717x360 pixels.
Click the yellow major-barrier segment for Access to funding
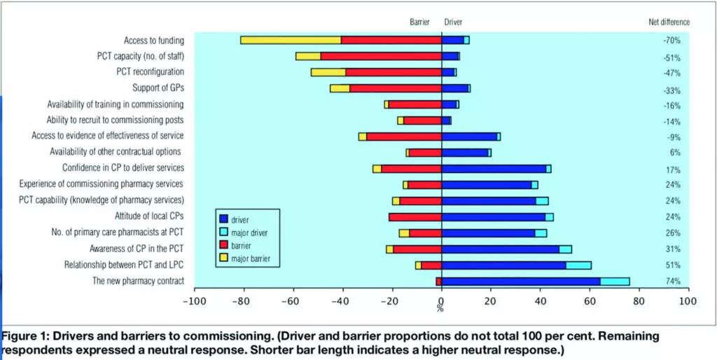pyautogui.click(x=291, y=40)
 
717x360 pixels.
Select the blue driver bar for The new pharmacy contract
pyautogui.click(x=521, y=281)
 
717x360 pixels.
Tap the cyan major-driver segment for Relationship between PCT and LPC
pyautogui.click(x=578, y=265)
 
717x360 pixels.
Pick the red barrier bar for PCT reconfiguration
pyautogui.click(x=394, y=72)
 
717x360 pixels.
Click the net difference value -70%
pyautogui.click(x=672, y=41)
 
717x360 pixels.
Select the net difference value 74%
pyautogui.click(x=672, y=282)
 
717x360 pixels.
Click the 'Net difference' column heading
pyautogui.click(x=669, y=22)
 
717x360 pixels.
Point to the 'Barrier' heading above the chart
pyautogui.click(x=419, y=22)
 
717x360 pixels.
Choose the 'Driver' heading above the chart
pyautogui.click(x=453, y=22)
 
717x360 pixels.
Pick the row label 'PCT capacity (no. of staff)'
pyautogui.click(x=140, y=56)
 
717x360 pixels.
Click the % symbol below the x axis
pyautogui.click(x=440, y=308)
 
